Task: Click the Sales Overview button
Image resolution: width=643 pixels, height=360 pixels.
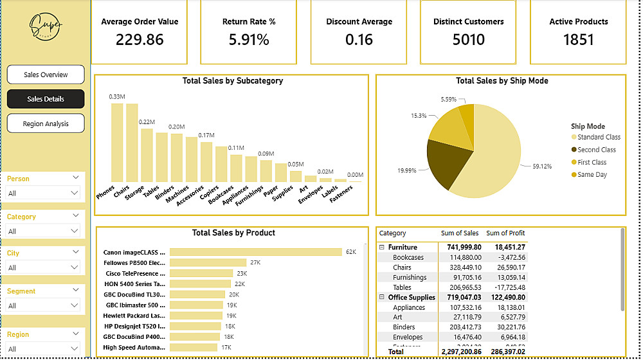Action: click(x=46, y=75)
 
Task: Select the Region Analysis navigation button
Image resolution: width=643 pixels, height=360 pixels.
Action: click(x=46, y=123)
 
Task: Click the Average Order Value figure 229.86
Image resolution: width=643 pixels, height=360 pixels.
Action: click(x=140, y=40)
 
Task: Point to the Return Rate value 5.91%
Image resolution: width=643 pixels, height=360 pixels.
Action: click(x=249, y=40)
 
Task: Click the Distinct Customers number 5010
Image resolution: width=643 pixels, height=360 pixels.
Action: click(x=468, y=40)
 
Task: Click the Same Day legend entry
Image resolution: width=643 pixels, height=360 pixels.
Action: click(x=592, y=175)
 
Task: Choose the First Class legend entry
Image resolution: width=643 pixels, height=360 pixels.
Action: click(x=592, y=162)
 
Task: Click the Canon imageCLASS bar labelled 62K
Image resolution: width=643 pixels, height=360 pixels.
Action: click(x=255, y=252)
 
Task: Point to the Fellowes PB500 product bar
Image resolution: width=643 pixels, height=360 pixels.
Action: click(x=208, y=262)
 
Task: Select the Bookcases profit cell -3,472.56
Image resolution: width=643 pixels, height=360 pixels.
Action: click(x=507, y=257)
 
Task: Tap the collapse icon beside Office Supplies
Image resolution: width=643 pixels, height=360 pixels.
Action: click(x=382, y=298)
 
